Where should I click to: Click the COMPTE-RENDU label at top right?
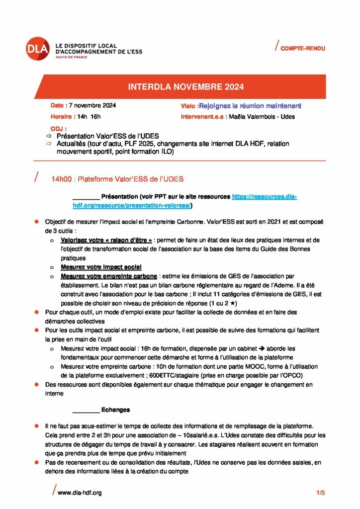[302, 48]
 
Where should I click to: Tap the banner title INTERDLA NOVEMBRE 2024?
[185, 87]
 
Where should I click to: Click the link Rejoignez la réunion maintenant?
[250, 106]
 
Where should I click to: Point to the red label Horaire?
[62, 117]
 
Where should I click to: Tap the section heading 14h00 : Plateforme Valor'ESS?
[119, 178]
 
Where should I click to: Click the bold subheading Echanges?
[115, 410]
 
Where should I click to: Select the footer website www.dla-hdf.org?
[80, 493]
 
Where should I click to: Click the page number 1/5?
[320, 493]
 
